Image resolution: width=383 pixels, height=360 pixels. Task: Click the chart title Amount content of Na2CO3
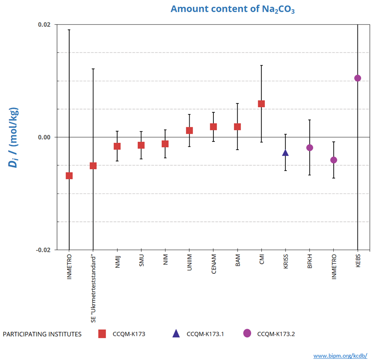pyautogui.click(x=232, y=9)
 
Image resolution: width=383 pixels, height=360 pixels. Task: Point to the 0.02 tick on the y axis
pyautogui.click(x=44, y=25)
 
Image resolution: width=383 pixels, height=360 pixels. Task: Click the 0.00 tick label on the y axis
pyautogui.click(x=44, y=137)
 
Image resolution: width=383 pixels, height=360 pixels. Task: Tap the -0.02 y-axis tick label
pyautogui.click(x=43, y=250)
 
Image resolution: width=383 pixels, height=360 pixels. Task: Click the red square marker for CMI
pyautogui.click(x=261, y=104)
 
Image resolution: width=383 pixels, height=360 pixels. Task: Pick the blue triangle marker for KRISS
pyautogui.click(x=285, y=153)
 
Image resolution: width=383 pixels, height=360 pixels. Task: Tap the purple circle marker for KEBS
pyautogui.click(x=358, y=78)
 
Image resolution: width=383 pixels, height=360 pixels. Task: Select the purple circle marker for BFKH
pyautogui.click(x=310, y=147)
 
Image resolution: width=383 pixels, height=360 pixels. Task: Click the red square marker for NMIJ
pyautogui.click(x=117, y=146)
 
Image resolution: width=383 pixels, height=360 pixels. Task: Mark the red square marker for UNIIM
pyautogui.click(x=189, y=130)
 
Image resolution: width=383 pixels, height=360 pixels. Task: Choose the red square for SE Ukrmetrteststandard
pyautogui.click(x=93, y=166)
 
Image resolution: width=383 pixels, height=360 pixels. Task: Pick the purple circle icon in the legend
pyautogui.click(x=247, y=334)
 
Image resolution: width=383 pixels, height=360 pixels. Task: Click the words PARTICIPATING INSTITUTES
pyautogui.click(x=42, y=334)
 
